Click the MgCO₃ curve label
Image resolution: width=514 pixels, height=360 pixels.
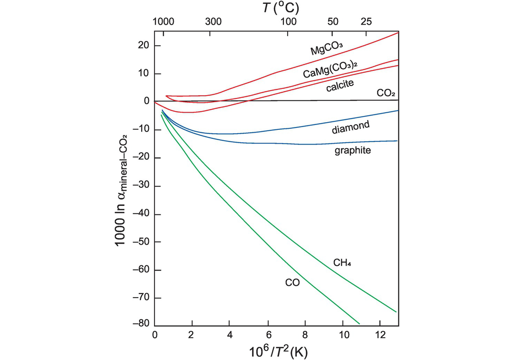click(327, 48)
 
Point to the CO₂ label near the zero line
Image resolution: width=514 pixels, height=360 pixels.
click(386, 94)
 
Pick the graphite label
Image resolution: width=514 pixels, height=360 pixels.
click(353, 150)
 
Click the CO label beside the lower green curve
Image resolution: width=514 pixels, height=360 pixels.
click(292, 283)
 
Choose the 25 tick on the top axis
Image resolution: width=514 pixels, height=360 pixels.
click(366, 22)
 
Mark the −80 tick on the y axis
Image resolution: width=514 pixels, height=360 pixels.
click(142, 326)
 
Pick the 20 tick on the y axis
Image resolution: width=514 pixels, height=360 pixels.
click(144, 46)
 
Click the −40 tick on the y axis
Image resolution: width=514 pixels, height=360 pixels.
click(142, 214)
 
